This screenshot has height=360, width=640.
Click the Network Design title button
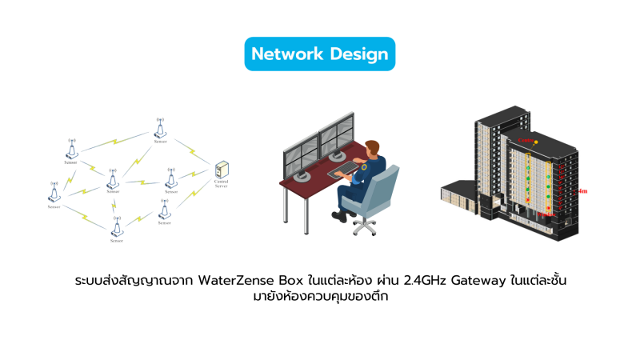(320, 54)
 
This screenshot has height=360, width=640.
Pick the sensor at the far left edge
(54, 193)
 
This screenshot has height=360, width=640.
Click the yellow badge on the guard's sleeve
(366, 169)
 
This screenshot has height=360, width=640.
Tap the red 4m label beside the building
(583, 191)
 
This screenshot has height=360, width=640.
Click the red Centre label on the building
(525, 139)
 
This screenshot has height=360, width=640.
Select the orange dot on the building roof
(537, 142)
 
